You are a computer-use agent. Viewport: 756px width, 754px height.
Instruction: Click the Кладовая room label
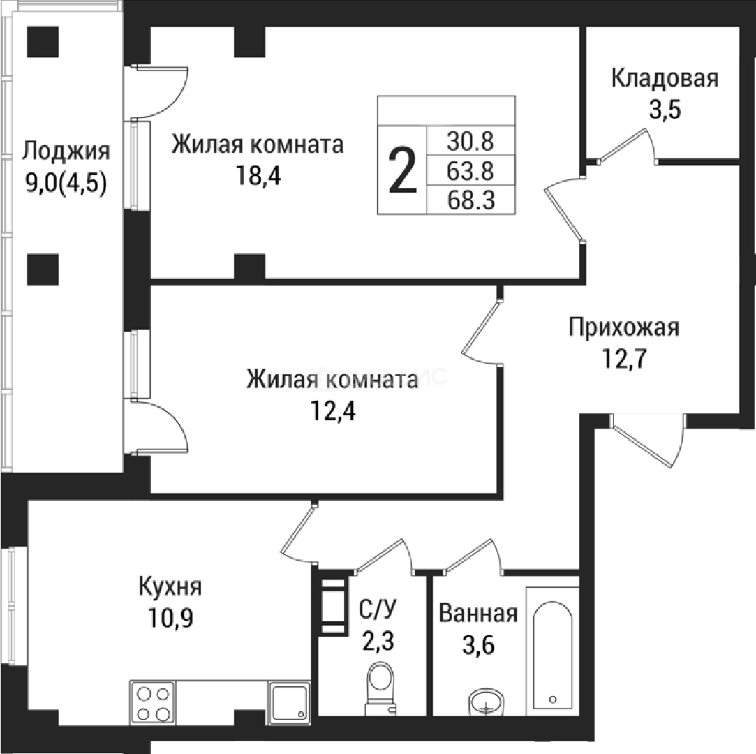coord(664,78)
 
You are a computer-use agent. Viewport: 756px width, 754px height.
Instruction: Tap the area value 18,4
coord(258,176)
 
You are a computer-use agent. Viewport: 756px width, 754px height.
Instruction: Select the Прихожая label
coord(623,327)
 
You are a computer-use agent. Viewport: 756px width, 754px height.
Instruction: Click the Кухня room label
coord(170,586)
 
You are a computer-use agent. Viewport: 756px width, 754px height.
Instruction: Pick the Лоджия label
coord(66,150)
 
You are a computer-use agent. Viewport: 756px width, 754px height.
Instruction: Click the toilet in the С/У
coord(380,688)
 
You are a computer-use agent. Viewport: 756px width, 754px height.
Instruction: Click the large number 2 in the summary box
coord(403,172)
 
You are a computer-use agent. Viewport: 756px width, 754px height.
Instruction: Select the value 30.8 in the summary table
coord(470,142)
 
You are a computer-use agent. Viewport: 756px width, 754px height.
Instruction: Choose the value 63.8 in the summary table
coord(470,172)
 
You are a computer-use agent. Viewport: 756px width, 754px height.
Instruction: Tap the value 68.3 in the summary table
coord(470,201)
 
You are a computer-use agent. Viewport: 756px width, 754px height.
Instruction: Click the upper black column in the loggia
coord(43,42)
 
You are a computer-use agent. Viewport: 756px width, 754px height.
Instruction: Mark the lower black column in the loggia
coord(43,269)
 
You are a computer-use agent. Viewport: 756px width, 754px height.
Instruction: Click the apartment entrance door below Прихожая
coord(648,440)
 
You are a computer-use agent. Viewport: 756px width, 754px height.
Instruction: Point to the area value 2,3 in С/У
coord(378,640)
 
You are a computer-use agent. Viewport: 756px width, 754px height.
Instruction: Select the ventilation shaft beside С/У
coord(333,606)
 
